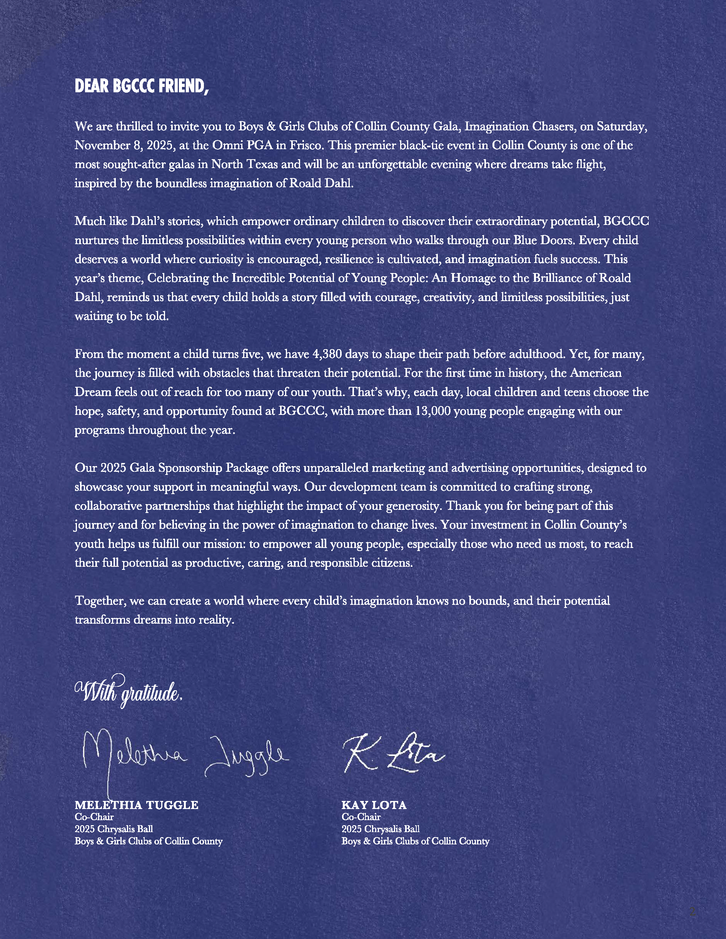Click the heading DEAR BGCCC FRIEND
(x=142, y=86)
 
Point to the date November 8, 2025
(x=124, y=145)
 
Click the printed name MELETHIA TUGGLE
(x=136, y=805)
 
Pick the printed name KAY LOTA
(x=374, y=805)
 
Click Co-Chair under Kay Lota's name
(x=361, y=817)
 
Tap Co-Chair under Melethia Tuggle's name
(x=94, y=817)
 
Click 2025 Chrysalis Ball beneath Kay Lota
(x=380, y=829)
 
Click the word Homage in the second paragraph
(x=473, y=278)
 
